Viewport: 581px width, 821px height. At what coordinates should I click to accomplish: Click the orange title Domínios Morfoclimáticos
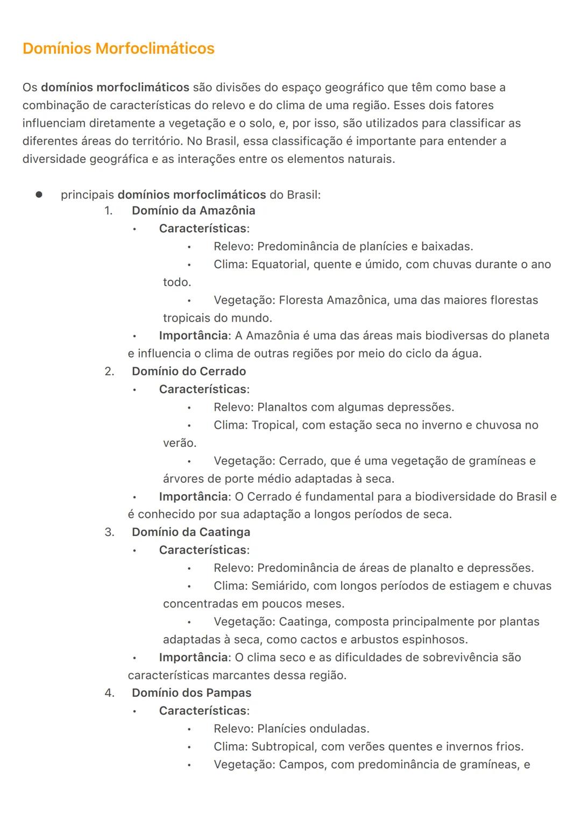click(118, 48)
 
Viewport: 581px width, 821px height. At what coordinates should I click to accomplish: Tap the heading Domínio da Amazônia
click(193, 210)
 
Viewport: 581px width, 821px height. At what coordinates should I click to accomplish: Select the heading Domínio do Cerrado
click(189, 371)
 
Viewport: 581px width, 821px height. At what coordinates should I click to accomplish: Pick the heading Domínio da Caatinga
click(191, 532)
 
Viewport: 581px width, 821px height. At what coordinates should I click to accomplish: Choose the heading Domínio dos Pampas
click(192, 693)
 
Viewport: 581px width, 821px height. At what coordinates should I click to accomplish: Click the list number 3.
click(109, 532)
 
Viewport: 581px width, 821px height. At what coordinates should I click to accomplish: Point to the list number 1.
click(109, 210)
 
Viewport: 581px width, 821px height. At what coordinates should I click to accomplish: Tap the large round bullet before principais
click(39, 195)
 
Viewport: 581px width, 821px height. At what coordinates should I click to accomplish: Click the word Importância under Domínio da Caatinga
click(194, 657)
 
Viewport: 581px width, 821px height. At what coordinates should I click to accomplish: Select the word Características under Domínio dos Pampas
click(203, 710)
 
